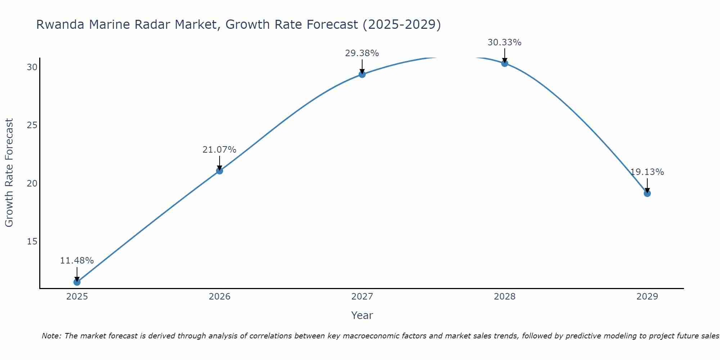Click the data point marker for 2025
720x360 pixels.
click(77, 282)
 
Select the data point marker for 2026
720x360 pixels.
click(219, 171)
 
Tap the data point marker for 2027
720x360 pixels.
click(362, 74)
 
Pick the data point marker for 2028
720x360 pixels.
click(504, 63)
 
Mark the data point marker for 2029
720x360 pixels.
click(647, 193)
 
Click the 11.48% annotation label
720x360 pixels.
click(77, 261)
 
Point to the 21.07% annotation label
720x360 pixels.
click(219, 150)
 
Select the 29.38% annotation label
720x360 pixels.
click(362, 53)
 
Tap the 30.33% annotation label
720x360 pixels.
click(504, 42)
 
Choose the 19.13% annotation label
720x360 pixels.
click(647, 172)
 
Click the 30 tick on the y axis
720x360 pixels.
click(32, 67)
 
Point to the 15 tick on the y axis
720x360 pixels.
click(32, 241)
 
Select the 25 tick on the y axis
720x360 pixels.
click(32, 125)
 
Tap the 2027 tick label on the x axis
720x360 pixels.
click(362, 297)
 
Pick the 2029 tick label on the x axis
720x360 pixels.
click(647, 297)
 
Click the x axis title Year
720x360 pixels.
click(362, 315)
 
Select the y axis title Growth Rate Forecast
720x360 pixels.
click(9, 173)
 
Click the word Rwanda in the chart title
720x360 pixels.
click(60, 24)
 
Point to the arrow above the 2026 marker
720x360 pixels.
click(219, 163)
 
